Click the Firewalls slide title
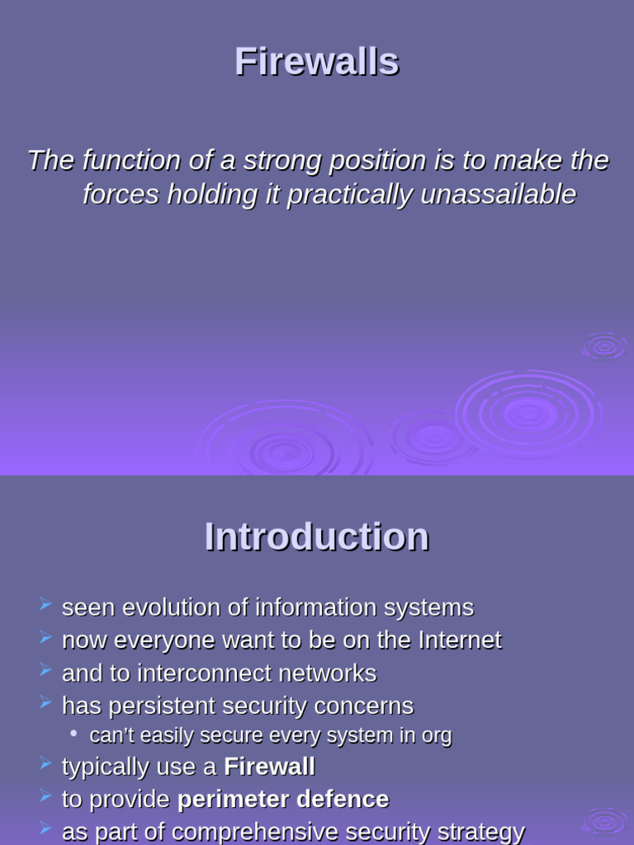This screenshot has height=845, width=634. (316, 62)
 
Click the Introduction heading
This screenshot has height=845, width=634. (316, 537)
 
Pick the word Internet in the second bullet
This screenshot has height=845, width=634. (460, 640)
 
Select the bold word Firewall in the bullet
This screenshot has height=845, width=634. (269, 767)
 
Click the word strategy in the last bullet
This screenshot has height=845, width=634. (478, 832)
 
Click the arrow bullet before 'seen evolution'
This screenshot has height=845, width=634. (45, 607)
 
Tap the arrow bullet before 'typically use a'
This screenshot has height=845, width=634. (45, 765)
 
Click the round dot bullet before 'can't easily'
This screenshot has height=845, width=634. (74, 734)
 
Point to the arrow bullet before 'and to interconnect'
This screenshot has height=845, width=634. (45, 672)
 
